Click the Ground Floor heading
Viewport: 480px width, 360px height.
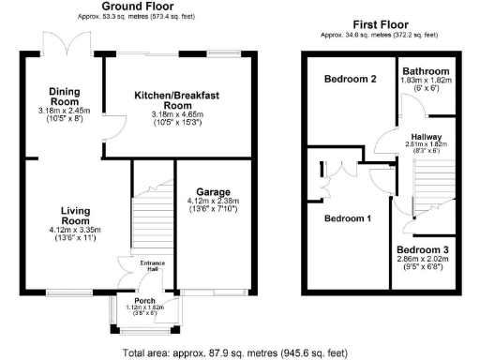click(143, 7)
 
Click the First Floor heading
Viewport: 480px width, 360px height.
click(379, 25)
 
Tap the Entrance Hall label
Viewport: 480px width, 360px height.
click(151, 266)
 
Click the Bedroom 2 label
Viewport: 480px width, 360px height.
click(350, 80)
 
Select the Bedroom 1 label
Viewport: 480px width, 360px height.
click(347, 218)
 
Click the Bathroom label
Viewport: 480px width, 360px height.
click(426, 71)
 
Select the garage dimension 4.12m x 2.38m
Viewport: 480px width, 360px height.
click(211, 201)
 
